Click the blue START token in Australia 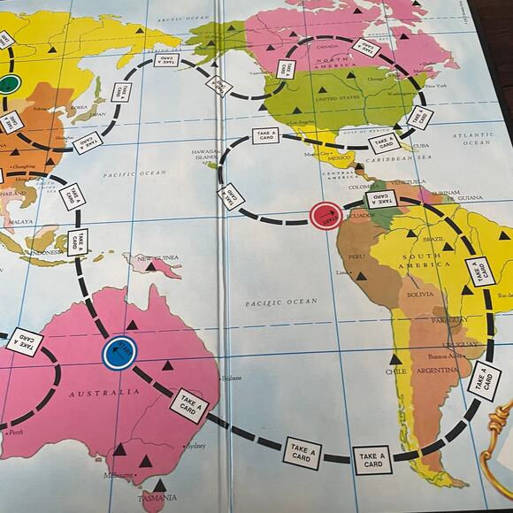coord(119,353)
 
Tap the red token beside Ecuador coord(325,215)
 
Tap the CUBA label coord(421,147)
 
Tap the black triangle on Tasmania coord(159,485)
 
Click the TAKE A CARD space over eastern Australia coord(188,406)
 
